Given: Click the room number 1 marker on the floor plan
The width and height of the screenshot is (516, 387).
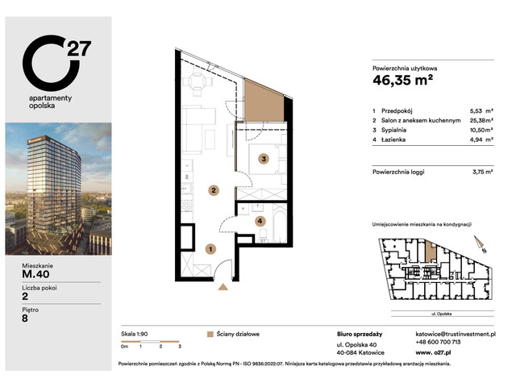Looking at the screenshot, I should point(210,249).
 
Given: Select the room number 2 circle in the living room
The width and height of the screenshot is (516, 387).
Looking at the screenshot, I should point(213,191).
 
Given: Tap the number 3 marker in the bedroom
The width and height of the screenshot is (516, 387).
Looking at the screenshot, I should point(263,160).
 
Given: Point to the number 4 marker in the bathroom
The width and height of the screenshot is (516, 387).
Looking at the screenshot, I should point(260,220).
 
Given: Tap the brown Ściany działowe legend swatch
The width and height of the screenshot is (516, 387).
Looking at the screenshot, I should point(210,333).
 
